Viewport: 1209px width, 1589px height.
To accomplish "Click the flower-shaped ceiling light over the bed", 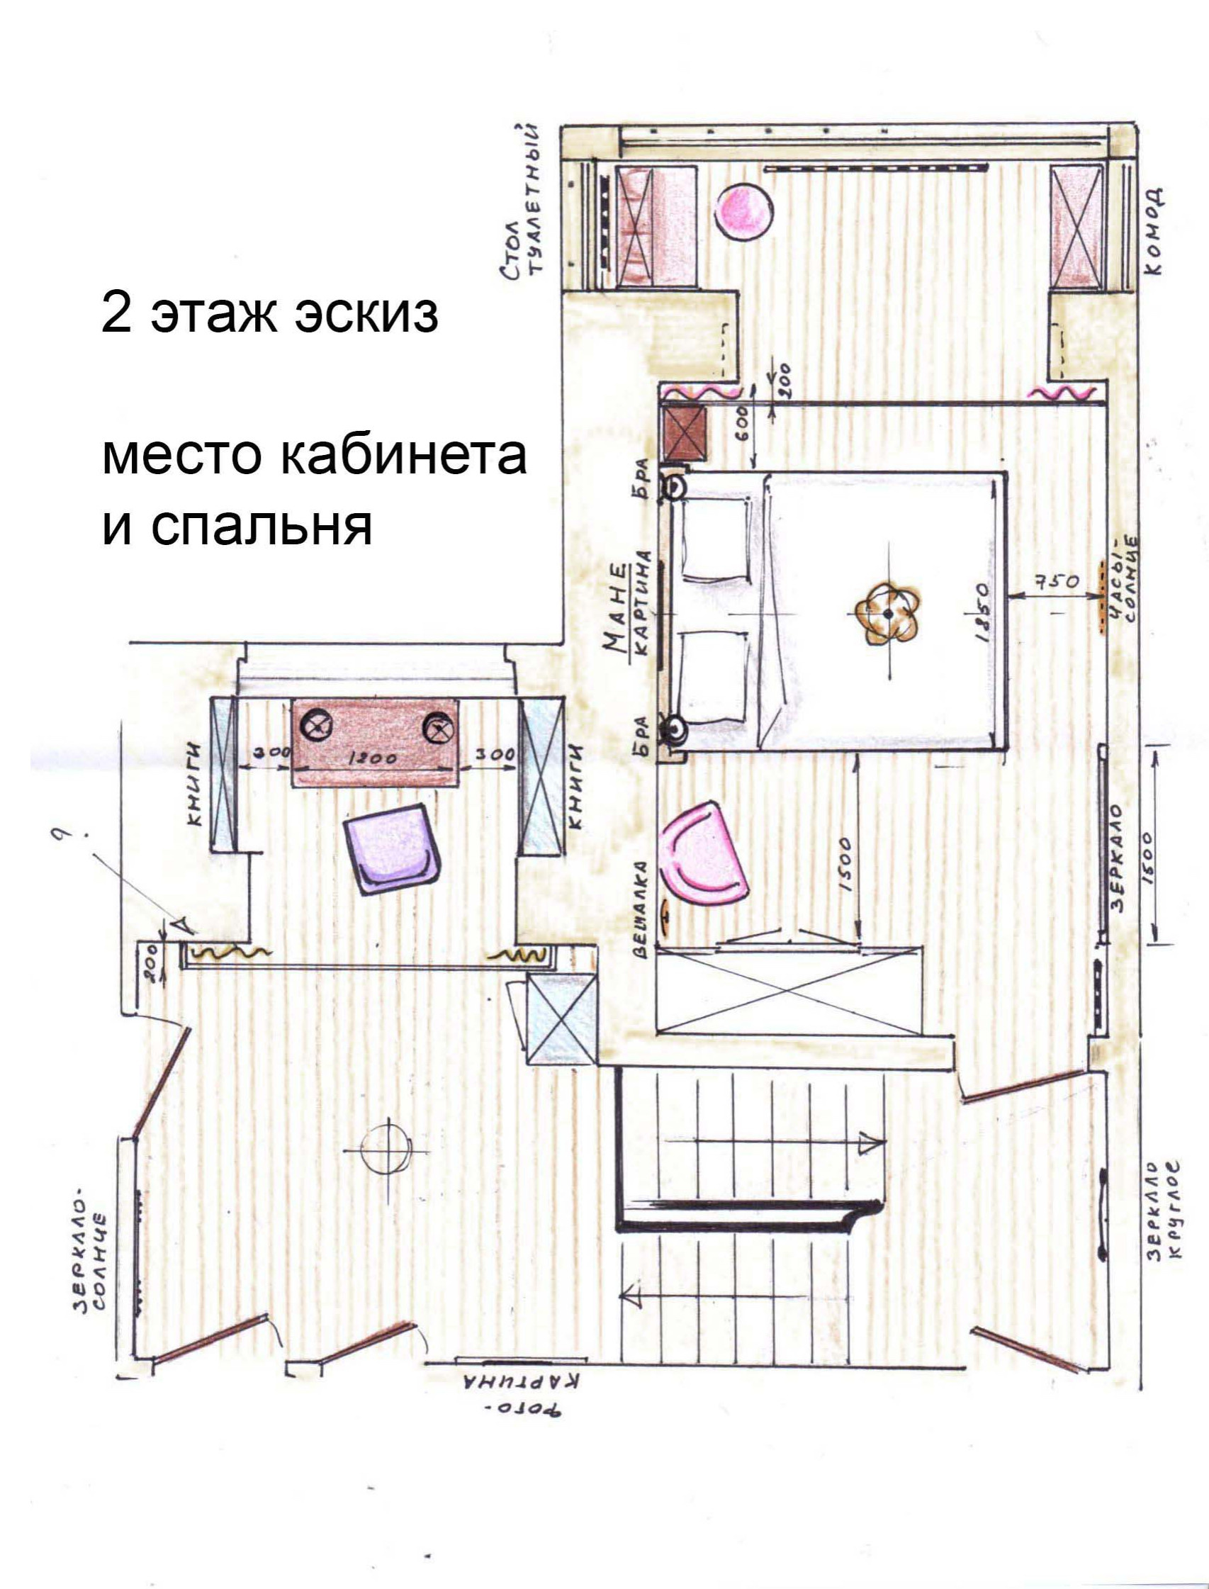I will pos(889,613).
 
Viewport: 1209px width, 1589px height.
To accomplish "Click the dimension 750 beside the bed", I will pos(1057,581).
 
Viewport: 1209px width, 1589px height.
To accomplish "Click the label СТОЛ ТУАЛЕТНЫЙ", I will pos(523,201).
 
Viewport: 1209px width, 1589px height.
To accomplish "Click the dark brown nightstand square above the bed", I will pos(685,434).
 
